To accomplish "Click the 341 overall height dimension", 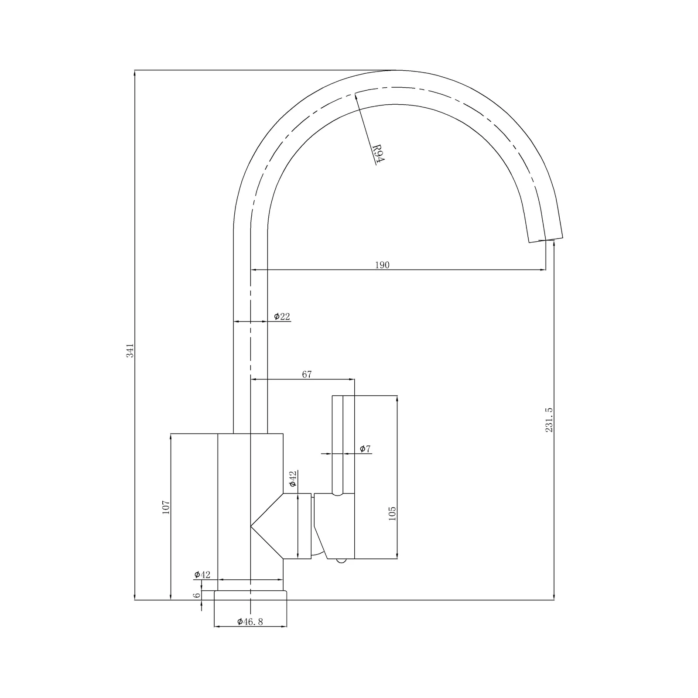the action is pos(130,350).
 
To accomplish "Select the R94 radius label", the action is pos(378,154).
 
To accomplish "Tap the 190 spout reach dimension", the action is pos(382,265).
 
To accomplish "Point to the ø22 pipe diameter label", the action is pos(282,316).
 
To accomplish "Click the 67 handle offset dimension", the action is pos(307,374).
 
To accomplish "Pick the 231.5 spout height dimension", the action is pos(549,420).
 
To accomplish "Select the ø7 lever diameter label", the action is pos(365,448).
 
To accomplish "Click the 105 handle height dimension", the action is pos(392,513).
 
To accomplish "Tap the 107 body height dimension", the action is pos(166,507).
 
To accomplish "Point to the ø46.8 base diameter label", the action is pos(250,622).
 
